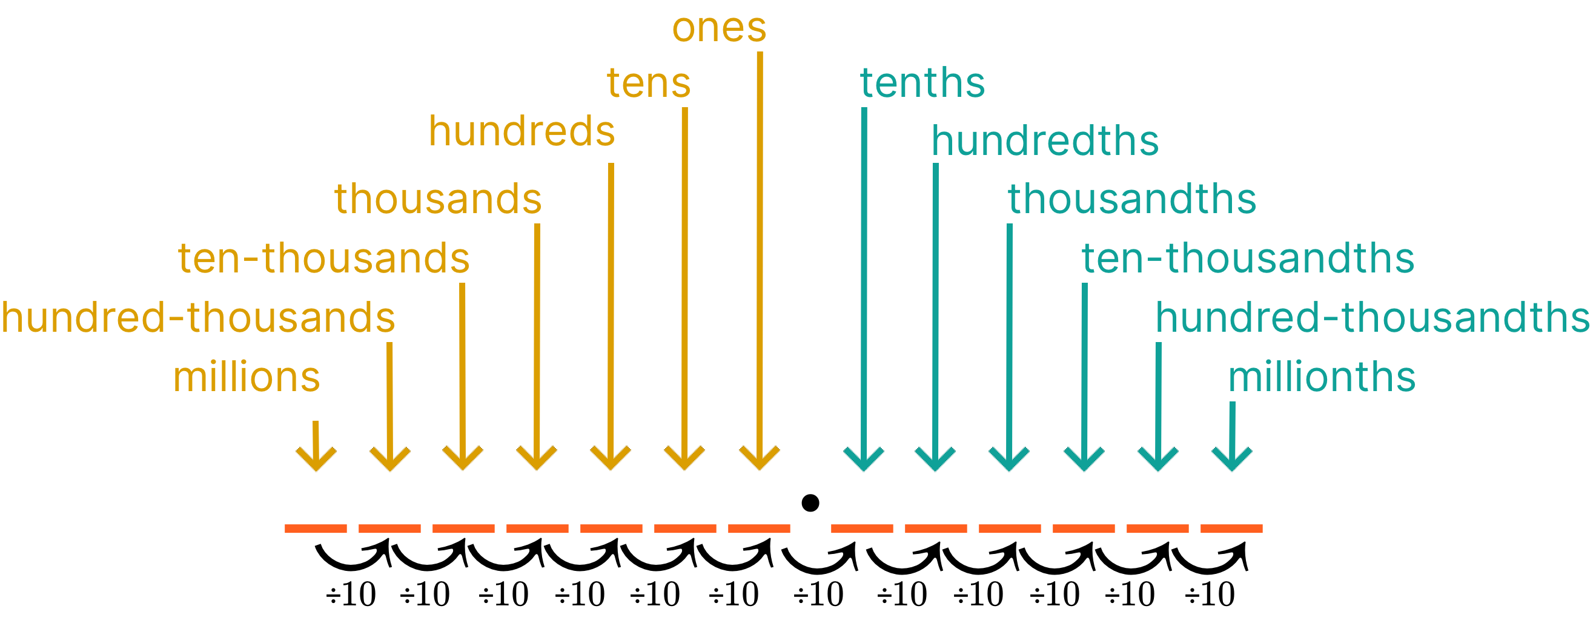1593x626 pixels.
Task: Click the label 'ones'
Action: coord(718,28)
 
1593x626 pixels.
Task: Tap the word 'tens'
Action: coord(648,84)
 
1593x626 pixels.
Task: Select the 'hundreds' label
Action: coord(522,131)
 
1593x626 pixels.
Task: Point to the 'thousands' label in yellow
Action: coord(438,199)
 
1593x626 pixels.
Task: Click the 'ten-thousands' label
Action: coord(323,259)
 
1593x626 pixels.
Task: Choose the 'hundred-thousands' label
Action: coord(198,318)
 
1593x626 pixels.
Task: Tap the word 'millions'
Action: coord(246,377)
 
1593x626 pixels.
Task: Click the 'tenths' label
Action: coord(922,84)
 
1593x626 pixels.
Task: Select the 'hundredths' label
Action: coord(1044,142)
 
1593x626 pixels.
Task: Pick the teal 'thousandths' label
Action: coord(1131,199)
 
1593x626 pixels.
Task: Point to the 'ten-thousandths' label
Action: coord(1247,259)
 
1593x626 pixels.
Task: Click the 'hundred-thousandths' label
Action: coord(1373,318)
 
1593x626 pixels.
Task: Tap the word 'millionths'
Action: coord(1322,377)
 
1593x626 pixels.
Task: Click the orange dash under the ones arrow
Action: coord(759,529)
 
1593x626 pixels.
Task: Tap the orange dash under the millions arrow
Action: coord(316,529)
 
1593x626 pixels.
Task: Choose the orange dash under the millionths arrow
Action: coord(1231,529)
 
